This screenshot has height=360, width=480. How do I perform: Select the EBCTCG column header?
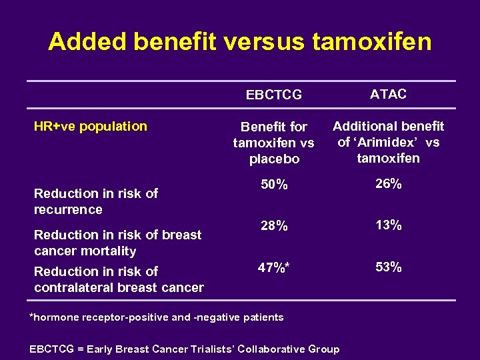273,95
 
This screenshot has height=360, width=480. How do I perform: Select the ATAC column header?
388,94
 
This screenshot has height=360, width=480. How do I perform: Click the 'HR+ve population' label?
91,126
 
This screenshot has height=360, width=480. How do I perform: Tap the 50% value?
274,185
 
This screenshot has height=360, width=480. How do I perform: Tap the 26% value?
388,184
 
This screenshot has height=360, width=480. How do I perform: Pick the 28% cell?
274,226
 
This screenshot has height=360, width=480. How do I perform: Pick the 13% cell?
388,225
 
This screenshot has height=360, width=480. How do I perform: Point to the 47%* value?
274,267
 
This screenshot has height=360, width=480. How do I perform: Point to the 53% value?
388,267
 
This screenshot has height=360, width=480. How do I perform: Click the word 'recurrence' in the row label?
68,209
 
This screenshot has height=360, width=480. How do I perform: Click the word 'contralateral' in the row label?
73,287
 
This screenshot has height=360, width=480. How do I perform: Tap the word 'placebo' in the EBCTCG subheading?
274,159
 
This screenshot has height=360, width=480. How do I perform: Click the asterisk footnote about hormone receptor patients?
157,317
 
